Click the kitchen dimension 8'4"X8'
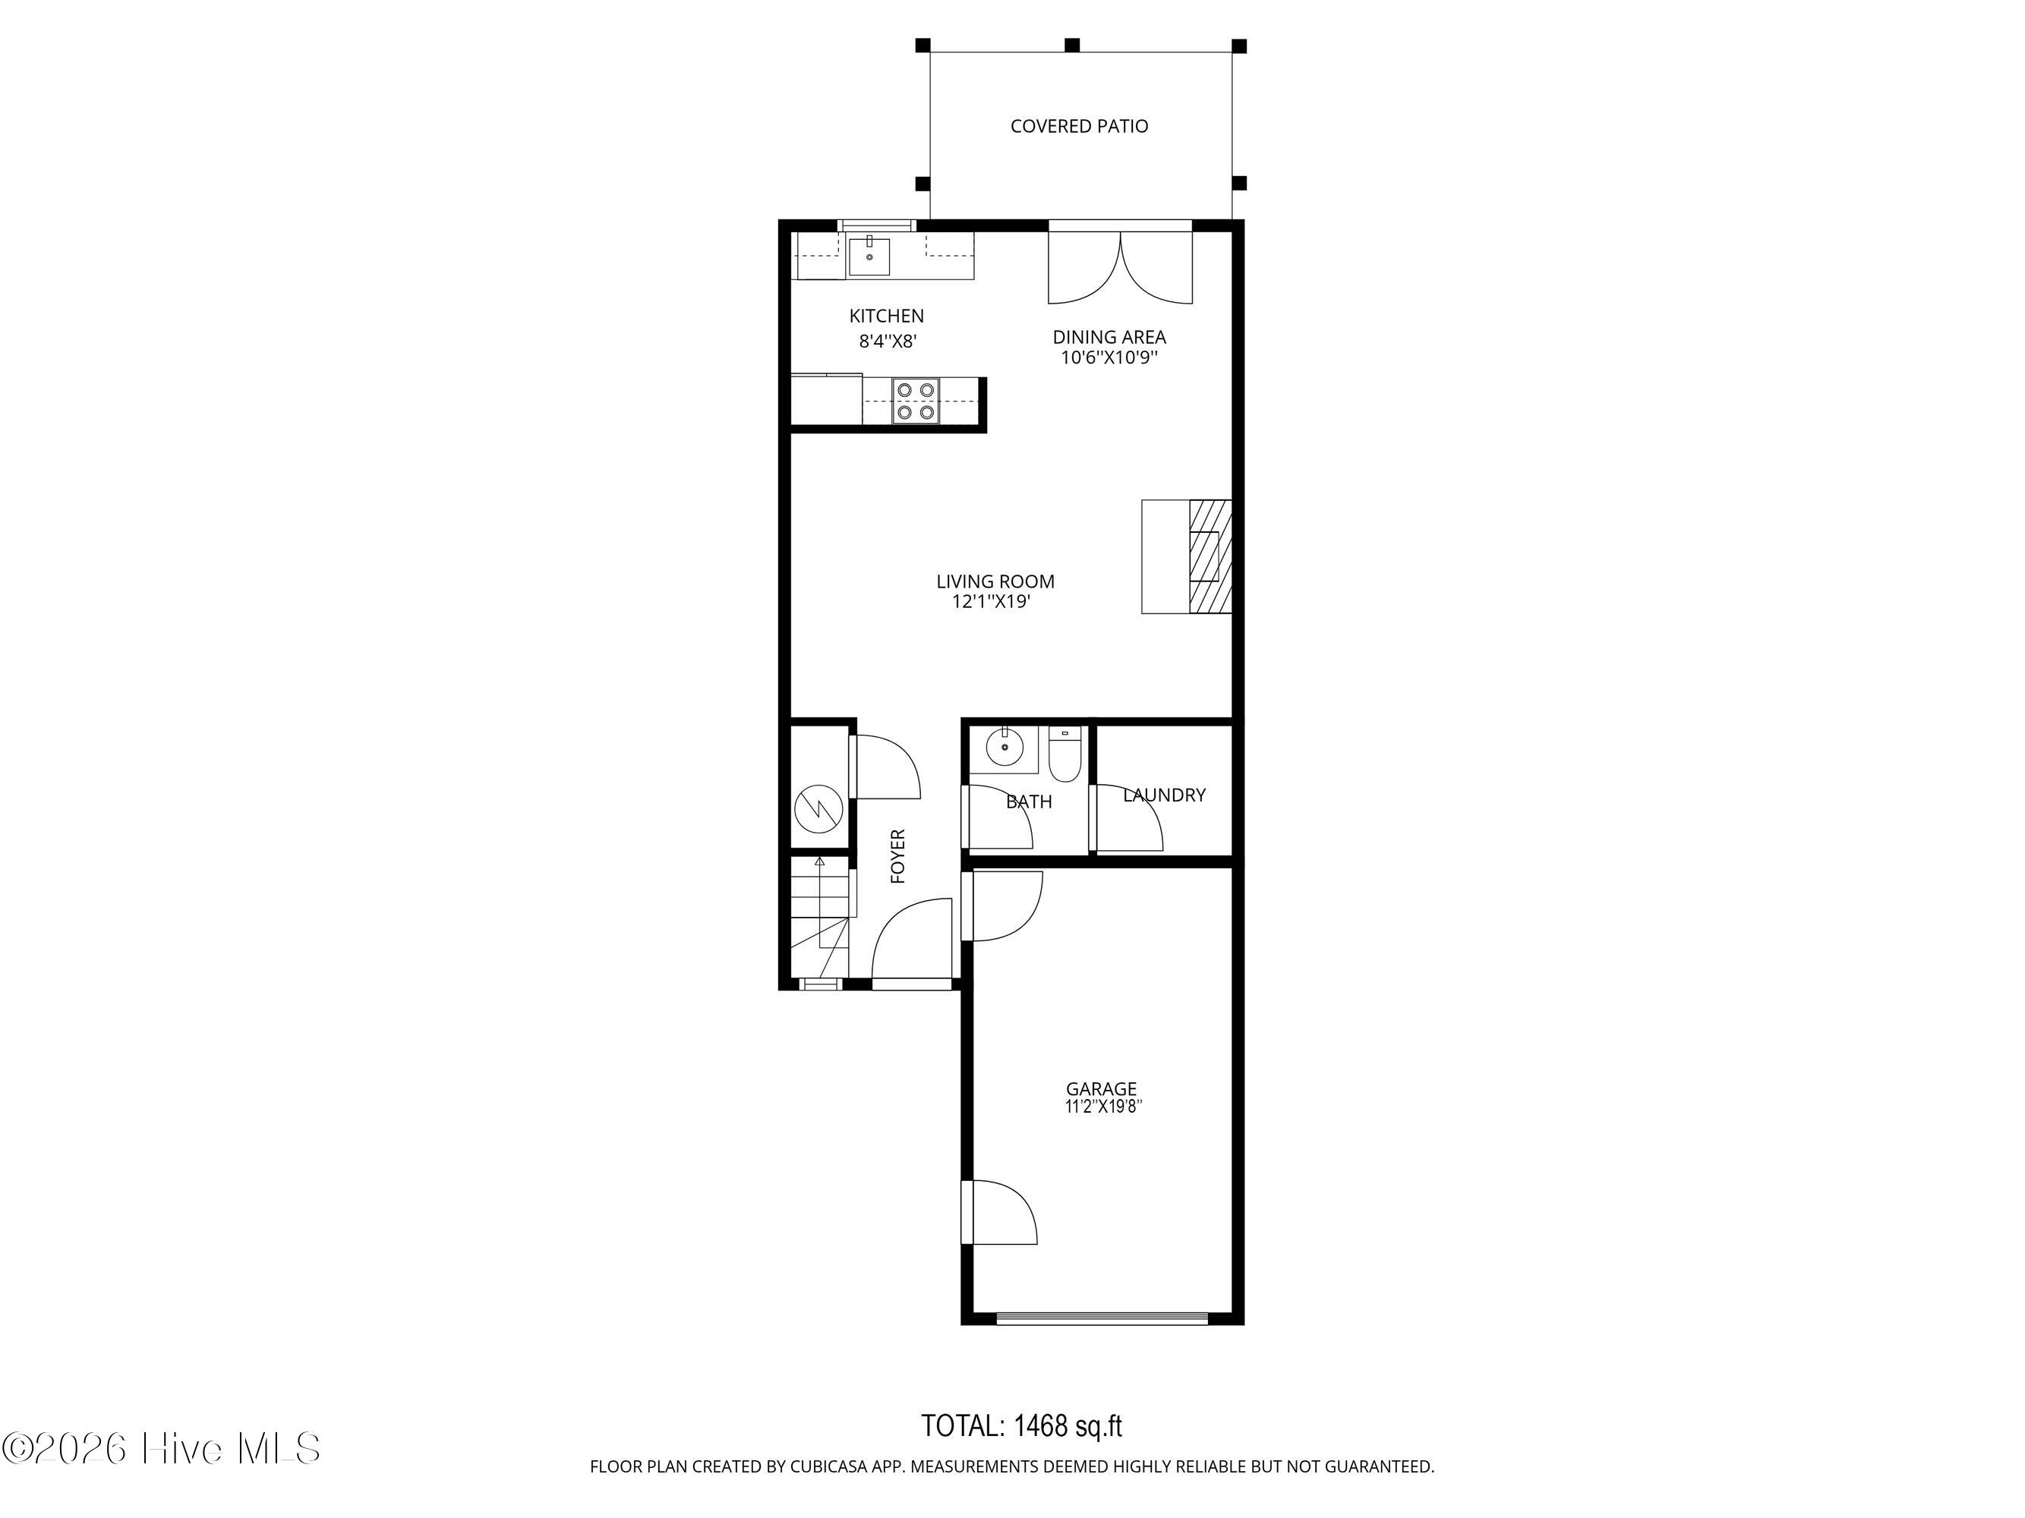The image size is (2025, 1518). [x=887, y=342]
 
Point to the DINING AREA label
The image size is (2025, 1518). [x=1109, y=338]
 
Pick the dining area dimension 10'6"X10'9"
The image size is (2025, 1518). [x=1109, y=357]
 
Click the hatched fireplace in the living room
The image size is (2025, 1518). [x=1210, y=556]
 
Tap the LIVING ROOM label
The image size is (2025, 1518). [x=995, y=582]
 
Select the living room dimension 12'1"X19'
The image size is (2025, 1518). [x=992, y=602]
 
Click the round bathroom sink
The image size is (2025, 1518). [x=1005, y=748]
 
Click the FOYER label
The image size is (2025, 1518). [x=898, y=856]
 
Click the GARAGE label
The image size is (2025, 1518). [x=1100, y=1089]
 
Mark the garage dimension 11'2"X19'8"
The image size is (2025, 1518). [x=1103, y=1107]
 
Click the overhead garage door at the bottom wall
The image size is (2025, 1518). [x=1102, y=1318]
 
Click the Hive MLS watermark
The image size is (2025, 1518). [x=161, y=1448]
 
